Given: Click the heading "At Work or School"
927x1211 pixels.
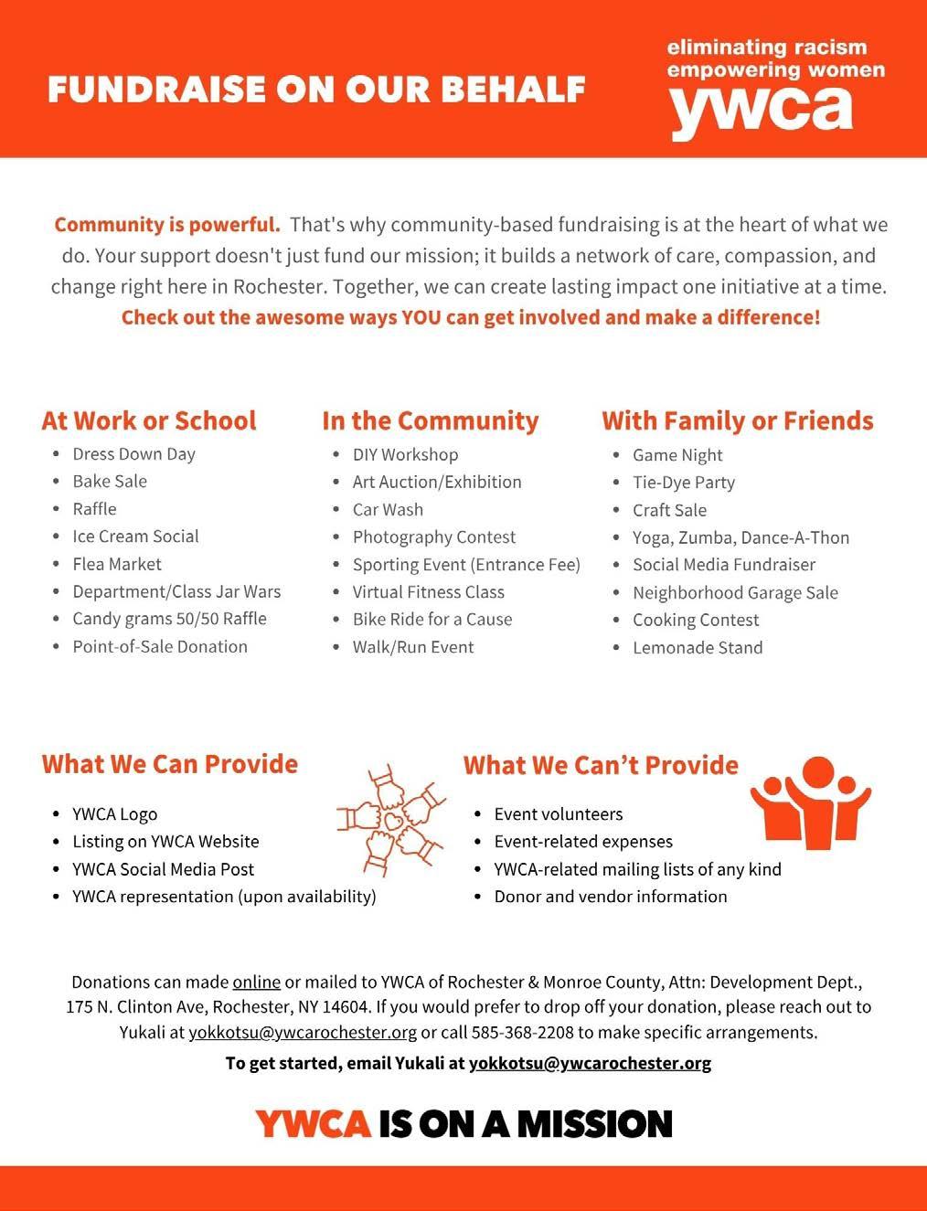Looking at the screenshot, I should [x=149, y=420].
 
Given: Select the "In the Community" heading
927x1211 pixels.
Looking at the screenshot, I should [x=430, y=420].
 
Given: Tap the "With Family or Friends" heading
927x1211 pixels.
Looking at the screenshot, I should [x=737, y=420].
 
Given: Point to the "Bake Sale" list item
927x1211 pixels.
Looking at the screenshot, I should [x=110, y=482].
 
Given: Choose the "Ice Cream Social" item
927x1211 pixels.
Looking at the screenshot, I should [x=135, y=536].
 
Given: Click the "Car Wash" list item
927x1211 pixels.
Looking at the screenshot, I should [x=388, y=510].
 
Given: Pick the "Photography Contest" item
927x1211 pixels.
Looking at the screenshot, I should [x=433, y=537].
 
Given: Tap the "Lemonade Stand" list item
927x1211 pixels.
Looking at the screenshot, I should [x=697, y=648].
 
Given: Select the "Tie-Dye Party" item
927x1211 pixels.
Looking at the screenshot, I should [x=683, y=483].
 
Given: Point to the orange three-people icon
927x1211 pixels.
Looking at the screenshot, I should [x=810, y=802].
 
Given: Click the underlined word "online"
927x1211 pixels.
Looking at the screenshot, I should [x=256, y=983].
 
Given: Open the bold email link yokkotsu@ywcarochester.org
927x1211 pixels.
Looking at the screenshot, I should [x=590, y=1063].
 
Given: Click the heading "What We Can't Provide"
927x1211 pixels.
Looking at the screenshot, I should [x=601, y=764].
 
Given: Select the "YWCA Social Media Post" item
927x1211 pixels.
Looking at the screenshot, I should [x=163, y=869].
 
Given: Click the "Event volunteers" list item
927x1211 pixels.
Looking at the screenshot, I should [x=558, y=814].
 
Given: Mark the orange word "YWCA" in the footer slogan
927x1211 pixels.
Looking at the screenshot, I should [x=313, y=1123].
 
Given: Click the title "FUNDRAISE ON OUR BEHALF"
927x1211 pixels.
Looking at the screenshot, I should [x=316, y=90].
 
